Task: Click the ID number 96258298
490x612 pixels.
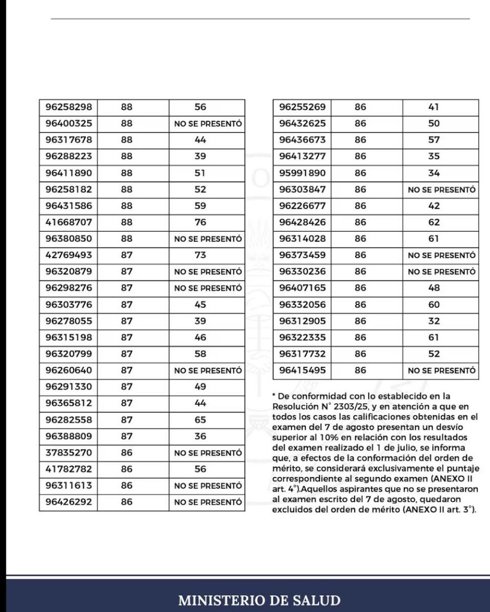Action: [x=69, y=107]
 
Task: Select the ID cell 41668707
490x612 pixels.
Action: [x=69, y=222]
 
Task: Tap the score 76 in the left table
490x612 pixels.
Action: [x=200, y=222]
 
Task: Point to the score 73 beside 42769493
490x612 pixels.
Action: [x=200, y=255]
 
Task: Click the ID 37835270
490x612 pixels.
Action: [x=69, y=453]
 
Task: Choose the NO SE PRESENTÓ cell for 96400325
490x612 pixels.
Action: [x=208, y=124]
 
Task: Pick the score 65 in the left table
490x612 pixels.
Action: [x=200, y=420]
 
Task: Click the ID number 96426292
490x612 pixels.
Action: [x=69, y=502]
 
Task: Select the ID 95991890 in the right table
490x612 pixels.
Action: [x=302, y=173]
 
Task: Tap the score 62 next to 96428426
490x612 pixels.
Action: [x=434, y=222]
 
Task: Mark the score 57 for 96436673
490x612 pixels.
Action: [x=434, y=140]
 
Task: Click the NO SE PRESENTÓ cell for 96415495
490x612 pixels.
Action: [x=441, y=371]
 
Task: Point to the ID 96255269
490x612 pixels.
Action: [x=302, y=107]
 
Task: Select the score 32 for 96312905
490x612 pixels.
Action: [x=434, y=321]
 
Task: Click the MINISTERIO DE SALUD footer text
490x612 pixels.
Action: [x=259, y=600]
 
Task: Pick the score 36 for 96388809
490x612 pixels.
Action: [x=200, y=436]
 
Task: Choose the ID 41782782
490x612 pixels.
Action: [x=69, y=469]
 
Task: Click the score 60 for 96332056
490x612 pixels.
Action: [x=434, y=305]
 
